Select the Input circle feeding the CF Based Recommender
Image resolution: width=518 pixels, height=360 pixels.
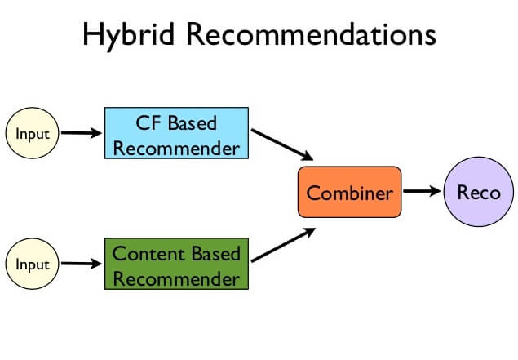click(33, 133)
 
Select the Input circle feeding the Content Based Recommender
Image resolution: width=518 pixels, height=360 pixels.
click(33, 264)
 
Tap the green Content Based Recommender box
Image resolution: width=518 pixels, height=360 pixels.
click(176, 264)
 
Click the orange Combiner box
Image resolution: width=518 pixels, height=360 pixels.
click(349, 193)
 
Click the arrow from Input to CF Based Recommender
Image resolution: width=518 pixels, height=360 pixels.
click(82, 133)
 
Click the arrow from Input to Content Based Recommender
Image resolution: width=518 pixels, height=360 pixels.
click(82, 264)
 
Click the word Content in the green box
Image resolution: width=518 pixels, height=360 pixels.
click(144, 253)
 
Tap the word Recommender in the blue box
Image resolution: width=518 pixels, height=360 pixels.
click(175, 148)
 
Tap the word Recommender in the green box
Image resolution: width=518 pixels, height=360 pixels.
click(176, 278)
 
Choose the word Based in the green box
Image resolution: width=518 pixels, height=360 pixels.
click(211, 253)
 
